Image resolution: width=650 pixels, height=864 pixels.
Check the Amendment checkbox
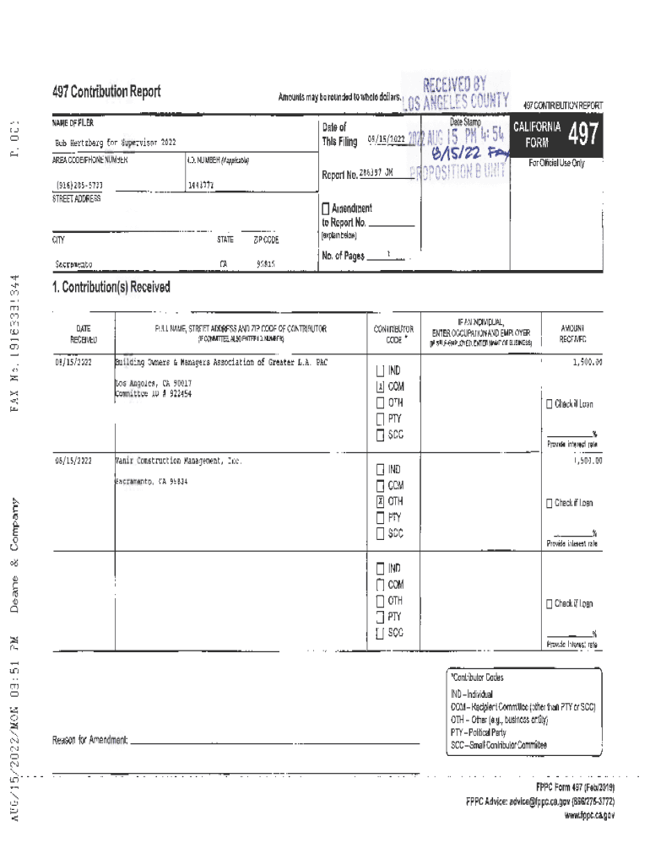pos(326,208)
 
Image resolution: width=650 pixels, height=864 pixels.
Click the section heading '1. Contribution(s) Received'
pos(111,288)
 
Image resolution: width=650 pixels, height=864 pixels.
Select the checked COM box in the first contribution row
pos(381,386)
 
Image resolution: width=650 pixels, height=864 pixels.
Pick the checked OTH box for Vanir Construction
pos(381,501)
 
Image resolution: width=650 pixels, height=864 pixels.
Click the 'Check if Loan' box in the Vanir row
pos(550,503)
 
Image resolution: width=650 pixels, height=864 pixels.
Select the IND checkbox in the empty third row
pos(381,568)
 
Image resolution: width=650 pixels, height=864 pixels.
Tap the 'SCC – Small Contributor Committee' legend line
pos(498,745)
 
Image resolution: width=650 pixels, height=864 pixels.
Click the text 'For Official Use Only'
pos(556,163)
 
